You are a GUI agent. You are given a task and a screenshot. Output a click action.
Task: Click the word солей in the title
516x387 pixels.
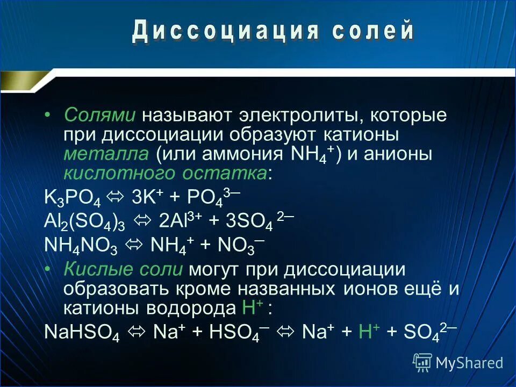[x=372, y=33]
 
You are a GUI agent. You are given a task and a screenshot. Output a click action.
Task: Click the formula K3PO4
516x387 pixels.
[x=72, y=197]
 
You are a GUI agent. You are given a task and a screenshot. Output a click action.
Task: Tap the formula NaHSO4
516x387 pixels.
[x=81, y=333]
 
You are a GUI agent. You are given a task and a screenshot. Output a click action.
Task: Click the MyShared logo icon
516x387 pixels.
[x=422, y=362]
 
